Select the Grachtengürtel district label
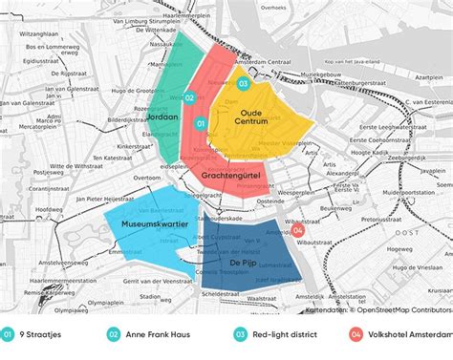[234, 178]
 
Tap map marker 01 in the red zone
[201, 123]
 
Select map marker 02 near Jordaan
[189, 96]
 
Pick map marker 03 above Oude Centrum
[243, 84]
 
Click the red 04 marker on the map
[298, 230]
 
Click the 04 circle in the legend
[356, 335]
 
